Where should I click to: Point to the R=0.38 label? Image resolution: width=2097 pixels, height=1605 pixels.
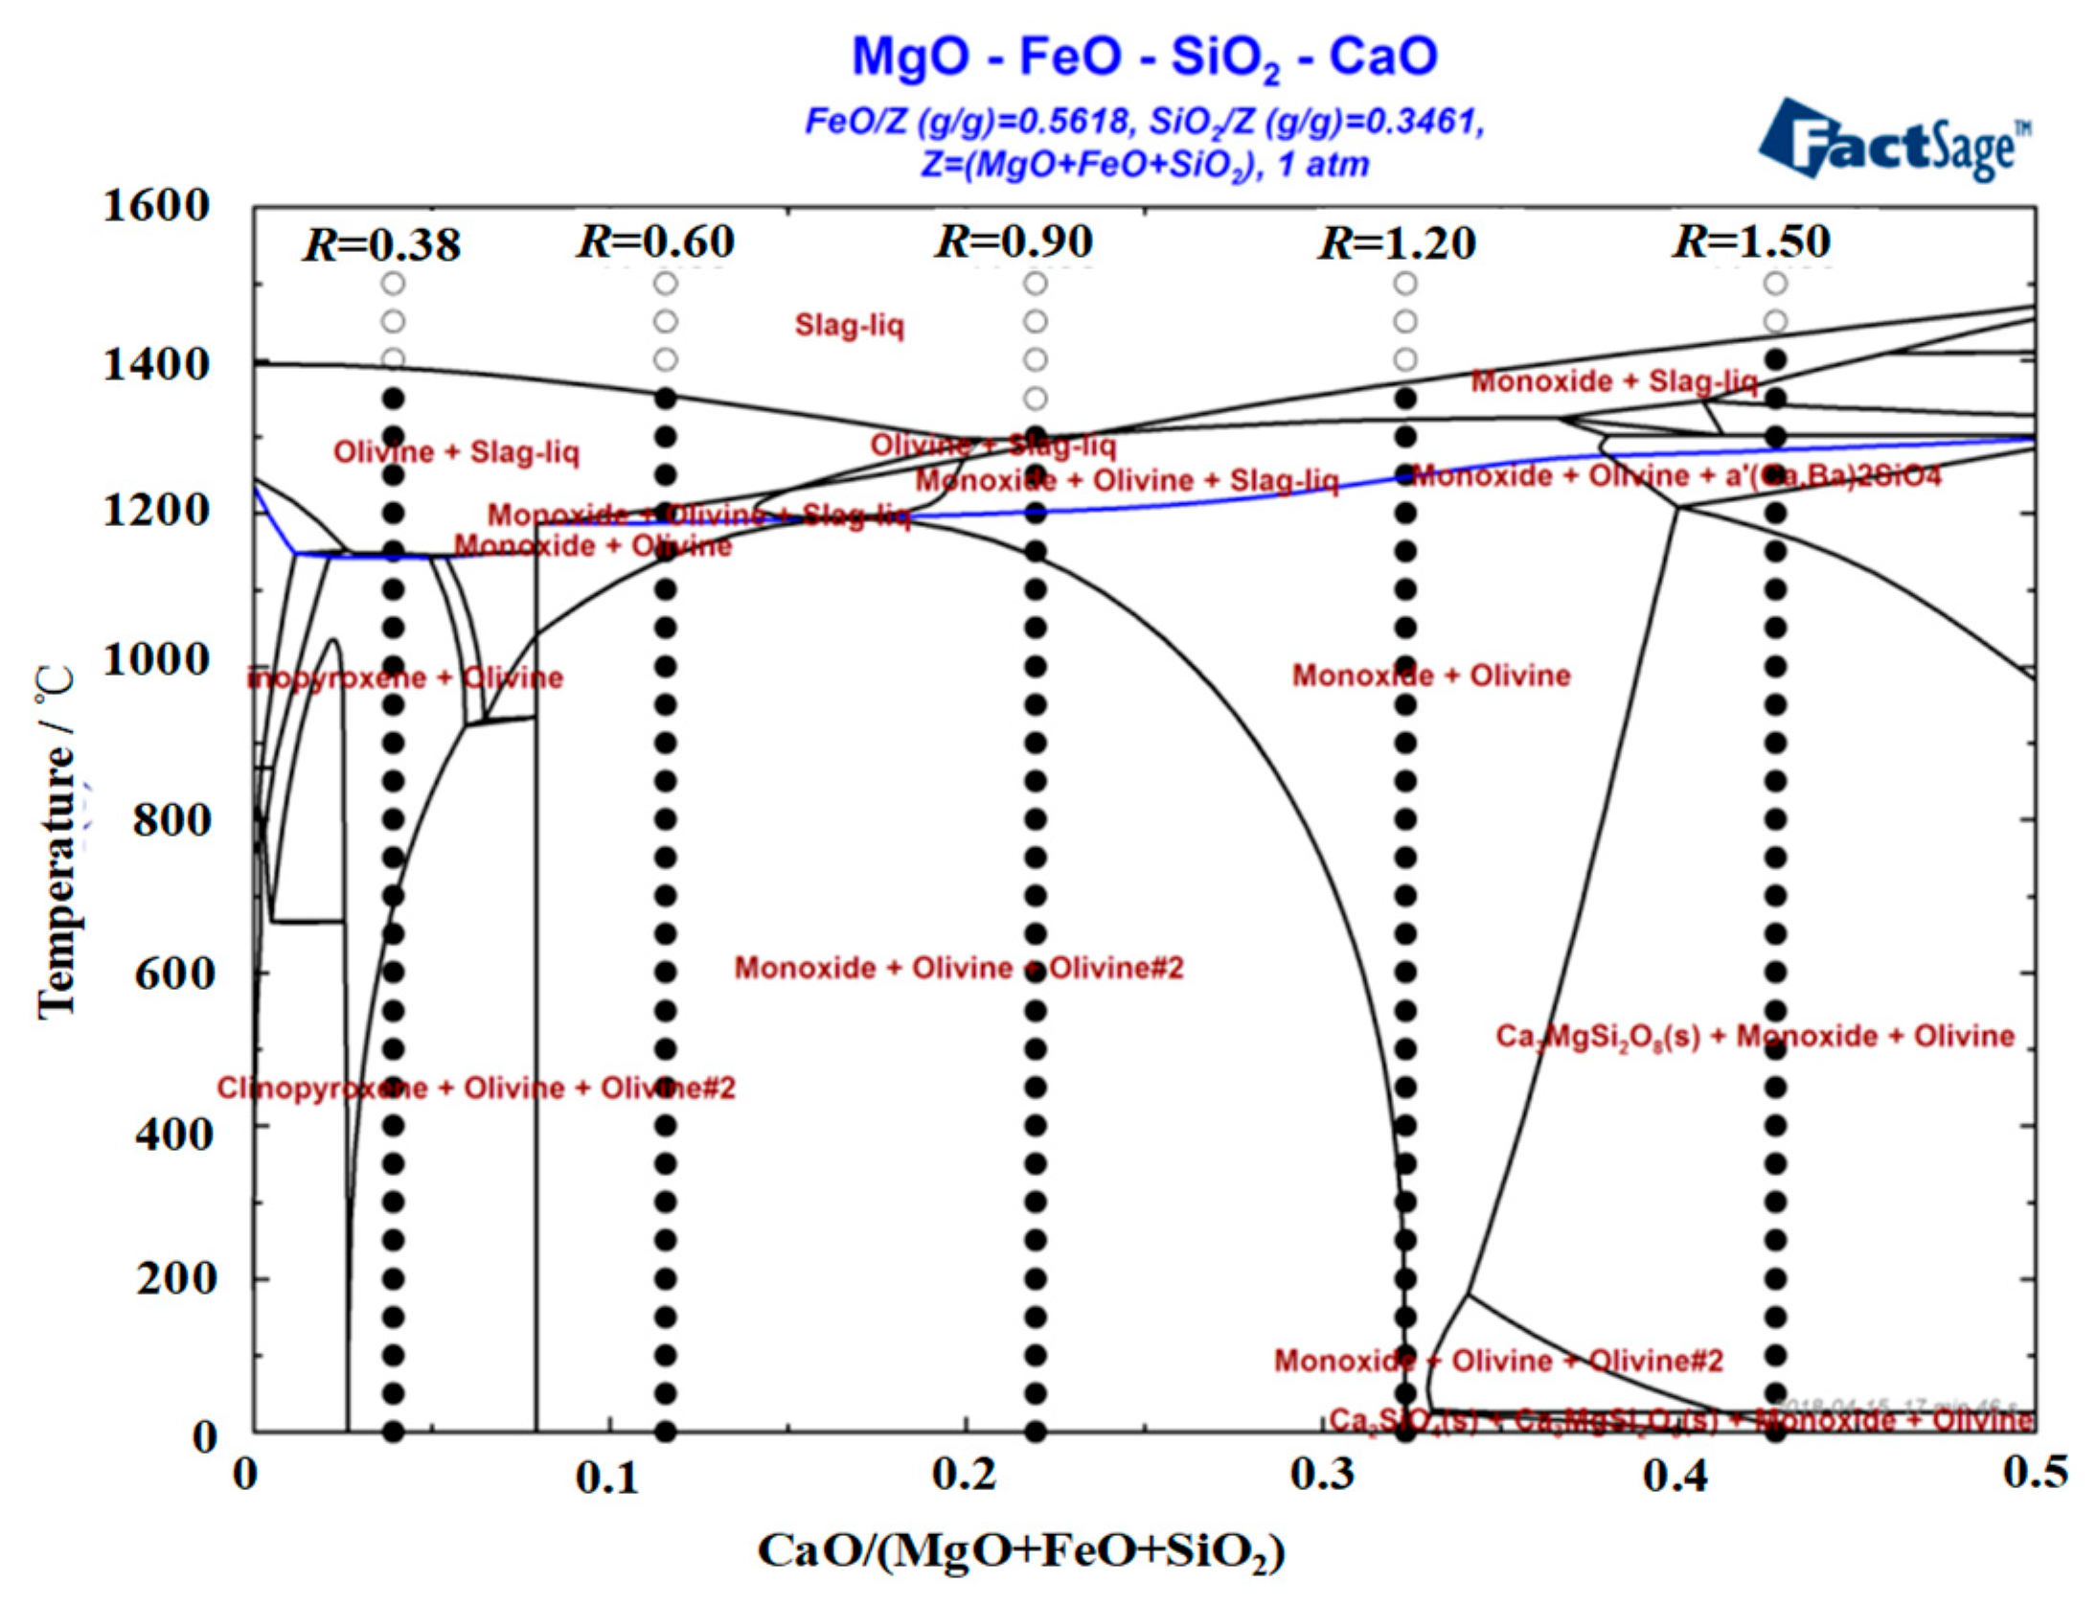pos(382,244)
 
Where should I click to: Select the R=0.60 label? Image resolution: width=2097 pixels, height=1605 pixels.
pos(655,241)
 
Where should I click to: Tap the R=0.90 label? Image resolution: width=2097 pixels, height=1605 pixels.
pos(1014,241)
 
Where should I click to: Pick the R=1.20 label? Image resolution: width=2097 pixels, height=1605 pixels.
pos(1397,243)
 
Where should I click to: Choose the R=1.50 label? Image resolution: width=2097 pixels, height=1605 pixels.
pos(1751,241)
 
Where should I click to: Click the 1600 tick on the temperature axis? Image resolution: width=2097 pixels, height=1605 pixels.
pos(155,206)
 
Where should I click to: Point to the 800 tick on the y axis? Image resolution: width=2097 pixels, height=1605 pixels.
pos(171,820)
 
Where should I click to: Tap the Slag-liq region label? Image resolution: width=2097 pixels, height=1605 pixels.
pos(849,327)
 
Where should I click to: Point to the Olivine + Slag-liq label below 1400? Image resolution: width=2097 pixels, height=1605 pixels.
pos(456,452)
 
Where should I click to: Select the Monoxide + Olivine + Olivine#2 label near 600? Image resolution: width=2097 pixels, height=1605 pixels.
pos(958,968)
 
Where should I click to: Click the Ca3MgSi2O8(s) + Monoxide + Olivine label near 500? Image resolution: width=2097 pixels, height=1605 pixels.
pos(1754,1036)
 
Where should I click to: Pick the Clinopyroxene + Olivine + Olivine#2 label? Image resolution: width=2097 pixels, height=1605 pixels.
pos(475,1089)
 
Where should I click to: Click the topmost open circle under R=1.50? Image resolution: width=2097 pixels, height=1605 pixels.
pos(1775,284)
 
